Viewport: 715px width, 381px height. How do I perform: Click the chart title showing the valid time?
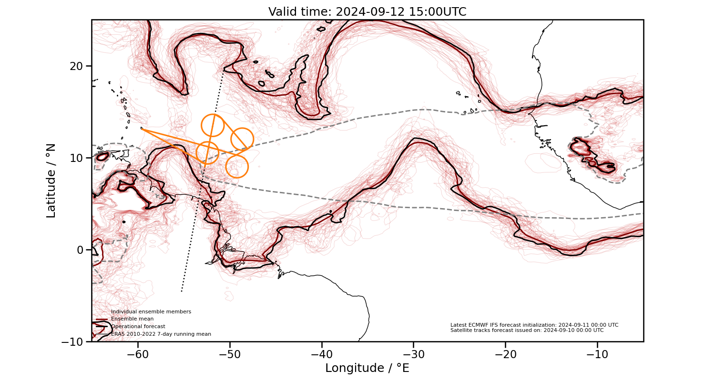point(367,12)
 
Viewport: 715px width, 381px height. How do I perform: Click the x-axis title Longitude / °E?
point(367,368)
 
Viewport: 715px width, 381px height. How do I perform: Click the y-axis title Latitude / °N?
point(51,180)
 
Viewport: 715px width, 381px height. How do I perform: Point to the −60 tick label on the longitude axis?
point(138,355)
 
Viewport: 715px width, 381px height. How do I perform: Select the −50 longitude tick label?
point(230,355)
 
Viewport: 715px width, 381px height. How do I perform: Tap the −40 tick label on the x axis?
point(322,355)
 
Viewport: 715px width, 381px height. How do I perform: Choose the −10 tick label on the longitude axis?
point(597,355)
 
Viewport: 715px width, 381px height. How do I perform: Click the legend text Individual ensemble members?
point(151,311)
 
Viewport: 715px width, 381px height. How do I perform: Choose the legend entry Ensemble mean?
point(132,319)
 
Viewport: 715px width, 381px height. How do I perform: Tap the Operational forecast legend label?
point(138,326)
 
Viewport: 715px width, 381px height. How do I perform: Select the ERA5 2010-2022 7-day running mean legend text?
point(161,334)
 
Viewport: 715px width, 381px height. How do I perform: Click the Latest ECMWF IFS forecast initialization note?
point(534,325)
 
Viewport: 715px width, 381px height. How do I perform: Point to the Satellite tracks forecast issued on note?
point(527,330)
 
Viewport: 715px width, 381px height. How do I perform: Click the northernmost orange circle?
point(213,126)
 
